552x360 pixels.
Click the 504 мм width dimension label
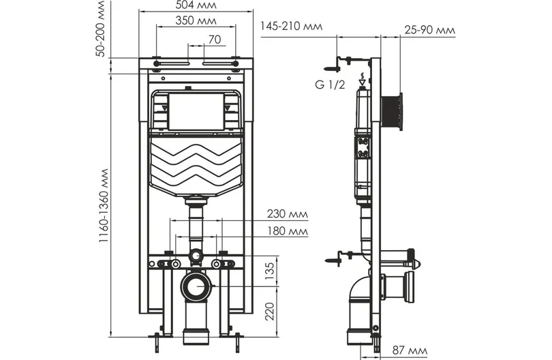(x=196, y=5)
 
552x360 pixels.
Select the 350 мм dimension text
(x=196, y=20)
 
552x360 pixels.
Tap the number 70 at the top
(x=215, y=40)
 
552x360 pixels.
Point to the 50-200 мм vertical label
(x=101, y=29)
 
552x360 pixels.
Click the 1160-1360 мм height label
(x=103, y=205)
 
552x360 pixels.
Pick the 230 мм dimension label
(x=288, y=214)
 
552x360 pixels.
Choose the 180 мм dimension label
(x=288, y=231)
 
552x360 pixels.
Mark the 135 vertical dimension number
(x=269, y=271)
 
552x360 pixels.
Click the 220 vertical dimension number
(x=269, y=311)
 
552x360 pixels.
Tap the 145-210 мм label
(x=291, y=26)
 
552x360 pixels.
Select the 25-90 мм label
(x=429, y=30)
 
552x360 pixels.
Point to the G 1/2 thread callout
(x=330, y=85)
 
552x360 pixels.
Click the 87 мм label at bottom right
(x=410, y=350)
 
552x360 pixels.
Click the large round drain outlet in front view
(x=196, y=286)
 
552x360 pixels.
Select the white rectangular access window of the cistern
(x=196, y=111)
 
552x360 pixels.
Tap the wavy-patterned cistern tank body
(x=196, y=166)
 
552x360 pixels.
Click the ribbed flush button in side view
(x=392, y=112)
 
